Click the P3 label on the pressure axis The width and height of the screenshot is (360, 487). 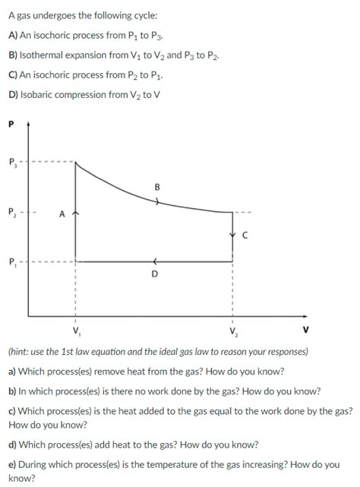pyautogui.click(x=12, y=162)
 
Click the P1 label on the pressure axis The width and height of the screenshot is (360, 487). pyautogui.click(x=12, y=263)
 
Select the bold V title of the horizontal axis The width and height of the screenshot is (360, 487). pyautogui.click(x=305, y=330)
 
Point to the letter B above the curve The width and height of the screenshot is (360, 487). pyautogui.click(x=156, y=186)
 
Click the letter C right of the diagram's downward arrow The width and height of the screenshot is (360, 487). pyautogui.click(x=245, y=235)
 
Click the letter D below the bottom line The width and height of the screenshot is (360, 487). pyautogui.click(x=154, y=274)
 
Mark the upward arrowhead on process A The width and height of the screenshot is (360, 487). pyautogui.click(x=75, y=215)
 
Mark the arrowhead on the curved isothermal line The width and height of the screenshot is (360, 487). pyautogui.click(x=157, y=202)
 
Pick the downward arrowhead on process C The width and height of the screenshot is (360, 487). pyautogui.click(x=232, y=234)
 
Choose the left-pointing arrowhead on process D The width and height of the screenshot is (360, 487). pyautogui.click(x=153, y=262)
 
